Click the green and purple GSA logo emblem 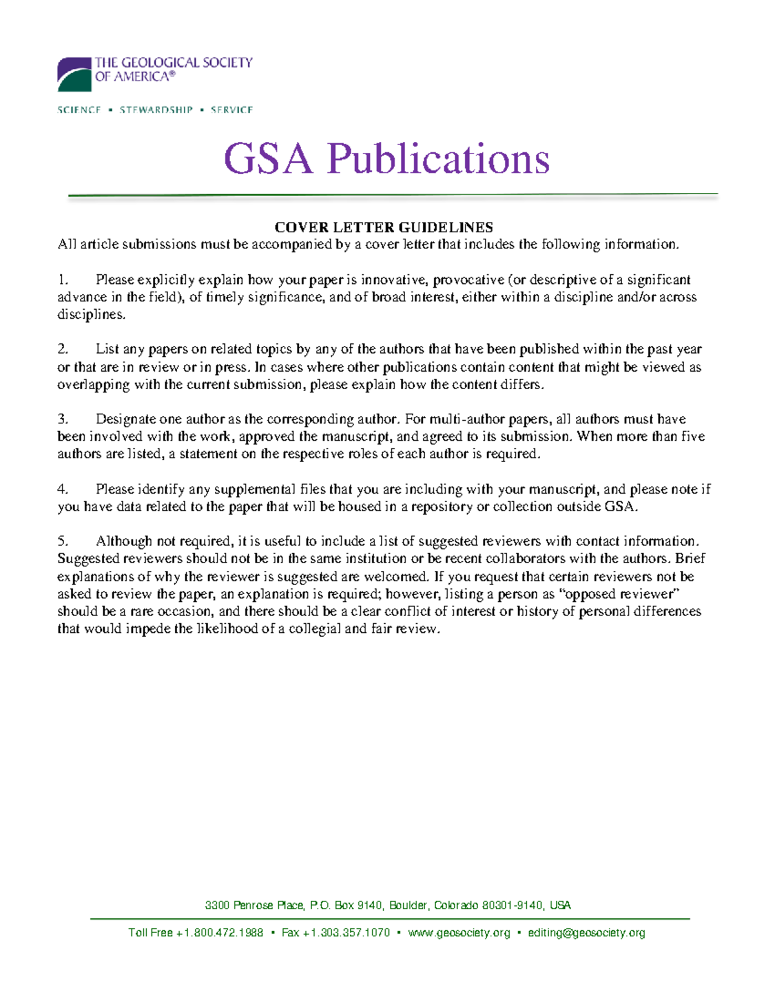tap(74, 74)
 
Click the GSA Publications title tap(386, 159)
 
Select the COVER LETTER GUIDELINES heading tap(384, 227)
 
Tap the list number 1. tap(62, 280)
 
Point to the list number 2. tap(62, 350)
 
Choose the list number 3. tap(62, 419)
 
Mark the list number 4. tap(62, 490)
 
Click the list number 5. tap(62, 541)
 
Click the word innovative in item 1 tap(393, 280)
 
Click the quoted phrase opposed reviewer tap(623, 594)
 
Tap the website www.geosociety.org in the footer tap(459, 933)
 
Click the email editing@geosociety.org tap(586, 933)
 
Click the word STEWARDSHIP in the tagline tap(156, 110)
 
